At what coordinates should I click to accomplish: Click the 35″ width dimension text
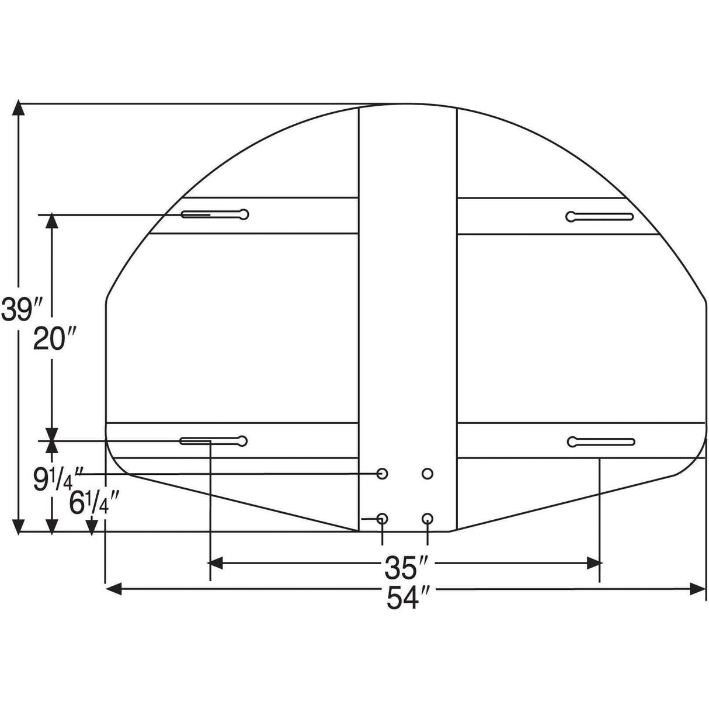[x=408, y=566]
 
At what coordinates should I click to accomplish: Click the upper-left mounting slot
[x=215, y=214]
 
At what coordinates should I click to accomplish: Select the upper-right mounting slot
[x=600, y=217]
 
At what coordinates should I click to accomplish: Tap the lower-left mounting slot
[x=214, y=440]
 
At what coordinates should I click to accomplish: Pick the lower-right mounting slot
[x=601, y=442]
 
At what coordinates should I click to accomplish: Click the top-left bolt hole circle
[x=383, y=474]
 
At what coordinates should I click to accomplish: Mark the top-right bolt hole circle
[x=428, y=474]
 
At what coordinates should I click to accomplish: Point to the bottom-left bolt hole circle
[x=383, y=518]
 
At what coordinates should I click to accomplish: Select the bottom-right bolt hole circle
[x=428, y=518]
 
